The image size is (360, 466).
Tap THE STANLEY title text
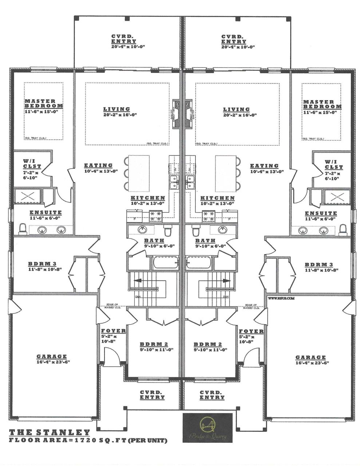tap(50, 433)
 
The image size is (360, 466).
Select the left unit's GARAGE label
tap(52, 357)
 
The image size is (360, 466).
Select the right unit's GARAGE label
tap(310, 358)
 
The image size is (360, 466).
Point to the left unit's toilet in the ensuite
tap(23, 229)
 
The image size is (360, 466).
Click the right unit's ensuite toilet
tap(343, 229)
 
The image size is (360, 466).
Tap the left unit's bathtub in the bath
tap(166, 262)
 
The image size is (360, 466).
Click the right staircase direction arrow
tap(226, 280)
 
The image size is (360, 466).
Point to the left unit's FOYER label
tap(113, 331)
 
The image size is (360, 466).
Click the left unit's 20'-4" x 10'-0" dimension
tap(124, 47)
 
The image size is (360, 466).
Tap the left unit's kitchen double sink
tap(174, 182)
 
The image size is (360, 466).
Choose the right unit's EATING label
tap(264, 166)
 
